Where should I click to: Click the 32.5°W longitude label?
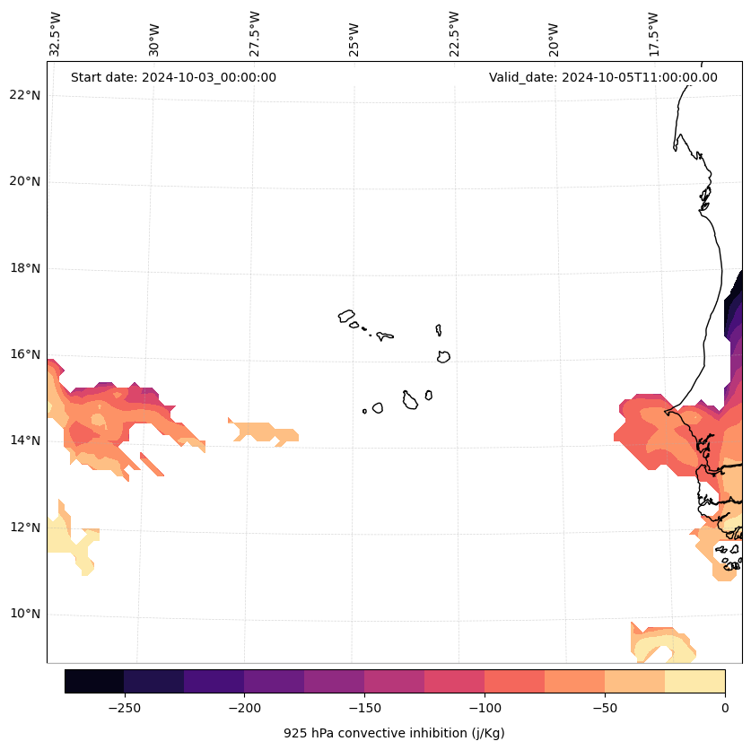click(56, 34)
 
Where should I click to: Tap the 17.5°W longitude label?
click(653, 34)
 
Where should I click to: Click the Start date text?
click(173, 77)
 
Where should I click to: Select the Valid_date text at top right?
click(603, 77)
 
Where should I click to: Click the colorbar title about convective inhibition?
click(394, 733)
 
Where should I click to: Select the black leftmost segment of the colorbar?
click(94, 681)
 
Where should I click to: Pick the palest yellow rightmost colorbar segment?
click(694, 681)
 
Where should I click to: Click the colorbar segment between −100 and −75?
click(514, 681)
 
